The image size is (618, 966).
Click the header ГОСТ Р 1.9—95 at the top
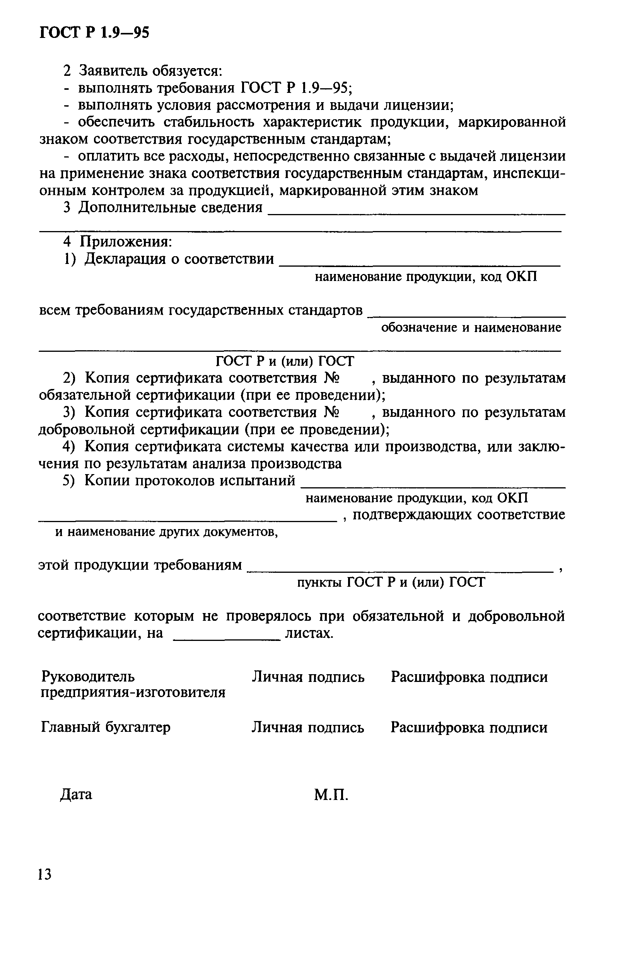(x=94, y=32)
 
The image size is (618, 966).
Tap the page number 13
(x=44, y=874)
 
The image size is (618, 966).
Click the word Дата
(x=76, y=794)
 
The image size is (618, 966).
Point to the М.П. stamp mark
(x=331, y=794)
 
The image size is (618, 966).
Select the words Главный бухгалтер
(x=106, y=727)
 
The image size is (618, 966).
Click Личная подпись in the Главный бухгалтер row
(x=308, y=727)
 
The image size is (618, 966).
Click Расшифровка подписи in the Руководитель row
(x=469, y=677)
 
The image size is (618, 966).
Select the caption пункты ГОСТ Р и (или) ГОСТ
(x=391, y=582)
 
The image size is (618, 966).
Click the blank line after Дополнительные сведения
(x=416, y=214)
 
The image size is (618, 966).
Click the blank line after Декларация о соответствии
(x=419, y=265)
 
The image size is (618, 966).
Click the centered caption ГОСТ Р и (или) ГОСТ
(x=285, y=361)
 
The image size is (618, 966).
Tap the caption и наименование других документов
(x=167, y=532)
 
